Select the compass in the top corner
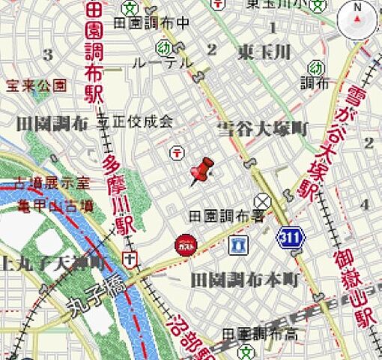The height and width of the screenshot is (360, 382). pyautogui.click(x=357, y=21)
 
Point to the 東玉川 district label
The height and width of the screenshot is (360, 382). pyautogui.click(x=264, y=53)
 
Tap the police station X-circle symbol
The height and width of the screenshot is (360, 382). pyautogui.click(x=261, y=201)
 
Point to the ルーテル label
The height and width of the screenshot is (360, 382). pyautogui.click(x=162, y=64)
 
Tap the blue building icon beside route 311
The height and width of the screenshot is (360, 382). pyautogui.click(x=239, y=244)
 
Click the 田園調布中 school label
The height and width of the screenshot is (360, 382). pyautogui.click(x=151, y=24)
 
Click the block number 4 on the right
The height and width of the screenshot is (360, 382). pyautogui.click(x=365, y=204)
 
